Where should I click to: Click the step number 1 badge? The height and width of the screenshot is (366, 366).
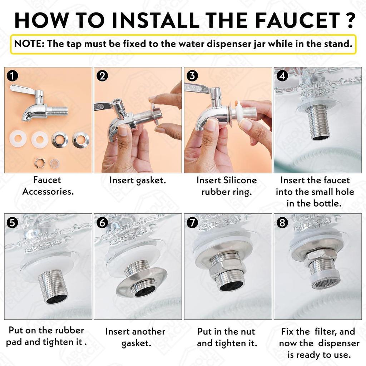(x=13, y=76)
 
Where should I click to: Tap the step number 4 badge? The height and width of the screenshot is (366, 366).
(x=282, y=76)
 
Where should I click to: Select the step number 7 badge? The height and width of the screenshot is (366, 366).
(x=192, y=222)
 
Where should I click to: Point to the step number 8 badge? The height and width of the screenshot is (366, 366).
(x=282, y=222)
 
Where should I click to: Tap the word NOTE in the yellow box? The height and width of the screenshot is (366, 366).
(x=28, y=44)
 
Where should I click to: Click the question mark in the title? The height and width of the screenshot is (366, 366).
(x=350, y=20)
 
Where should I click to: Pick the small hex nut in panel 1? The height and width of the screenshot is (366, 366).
(x=39, y=163)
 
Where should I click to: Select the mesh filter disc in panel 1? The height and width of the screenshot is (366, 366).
(x=55, y=163)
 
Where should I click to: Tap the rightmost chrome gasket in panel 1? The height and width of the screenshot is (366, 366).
(x=80, y=140)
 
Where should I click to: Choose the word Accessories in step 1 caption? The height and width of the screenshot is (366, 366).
(x=48, y=192)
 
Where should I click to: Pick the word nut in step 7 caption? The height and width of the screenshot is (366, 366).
(x=248, y=331)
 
